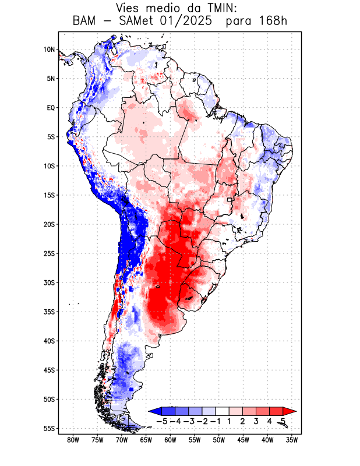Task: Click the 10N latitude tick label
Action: point(49,50)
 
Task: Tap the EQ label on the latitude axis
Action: point(50,108)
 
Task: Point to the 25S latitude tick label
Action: point(49,253)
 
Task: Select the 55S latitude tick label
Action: point(49,428)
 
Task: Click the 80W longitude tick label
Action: point(73,440)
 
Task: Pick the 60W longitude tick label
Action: point(171,440)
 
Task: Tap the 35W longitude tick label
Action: point(292,440)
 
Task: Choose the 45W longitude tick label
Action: point(243,440)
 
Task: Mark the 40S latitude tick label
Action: point(49,341)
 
